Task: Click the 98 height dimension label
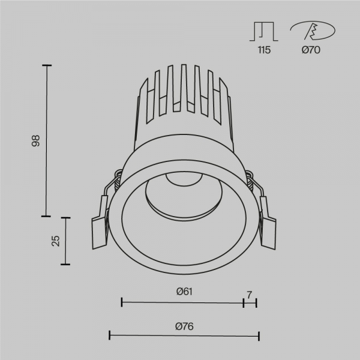[x=36, y=142]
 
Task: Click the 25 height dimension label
[x=56, y=241]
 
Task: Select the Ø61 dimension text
[x=184, y=292]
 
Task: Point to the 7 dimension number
[x=249, y=294]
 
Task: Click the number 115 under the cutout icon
[x=264, y=50]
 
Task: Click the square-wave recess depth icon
[x=263, y=31]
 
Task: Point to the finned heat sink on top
[x=184, y=102]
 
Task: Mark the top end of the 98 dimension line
[x=47, y=64]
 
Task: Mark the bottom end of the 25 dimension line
[x=66, y=264]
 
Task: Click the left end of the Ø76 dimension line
[x=109, y=335]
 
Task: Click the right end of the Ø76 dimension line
[x=259, y=335]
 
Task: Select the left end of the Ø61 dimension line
[x=122, y=302]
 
